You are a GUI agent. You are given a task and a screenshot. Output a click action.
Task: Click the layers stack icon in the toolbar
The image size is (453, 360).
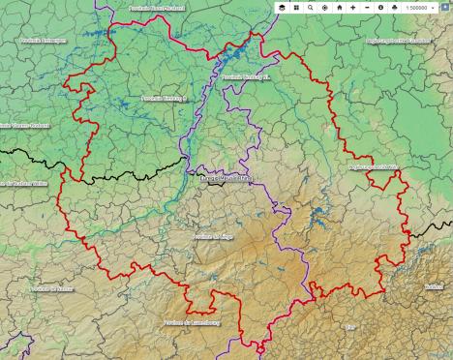[x=282, y=7]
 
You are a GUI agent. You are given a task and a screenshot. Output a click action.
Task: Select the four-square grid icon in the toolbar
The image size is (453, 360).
[x=295, y=7]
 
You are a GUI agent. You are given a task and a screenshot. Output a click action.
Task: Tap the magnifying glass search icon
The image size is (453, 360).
[x=310, y=7]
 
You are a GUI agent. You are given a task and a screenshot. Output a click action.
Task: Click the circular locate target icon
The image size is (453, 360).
[x=324, y=7]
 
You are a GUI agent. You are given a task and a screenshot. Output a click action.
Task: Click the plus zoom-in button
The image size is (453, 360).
[x=353, y=7]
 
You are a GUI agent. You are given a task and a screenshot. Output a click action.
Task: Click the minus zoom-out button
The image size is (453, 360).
[x=367, y=7]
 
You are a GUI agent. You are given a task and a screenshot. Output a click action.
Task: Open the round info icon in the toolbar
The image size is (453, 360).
[x=380, y=7]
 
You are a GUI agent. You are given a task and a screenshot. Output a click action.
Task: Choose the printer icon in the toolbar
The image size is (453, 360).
[x=395, y=7]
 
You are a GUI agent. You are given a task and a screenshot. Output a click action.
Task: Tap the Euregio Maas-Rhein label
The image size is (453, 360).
[x=226, y=178]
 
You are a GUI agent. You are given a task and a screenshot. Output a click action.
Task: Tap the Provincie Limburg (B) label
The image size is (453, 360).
[x=164, y=97]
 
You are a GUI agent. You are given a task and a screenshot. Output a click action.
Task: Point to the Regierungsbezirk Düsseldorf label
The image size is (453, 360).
[x=398, y=42]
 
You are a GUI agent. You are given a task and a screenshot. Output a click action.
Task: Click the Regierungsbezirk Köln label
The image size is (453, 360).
[x=372, y=167]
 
